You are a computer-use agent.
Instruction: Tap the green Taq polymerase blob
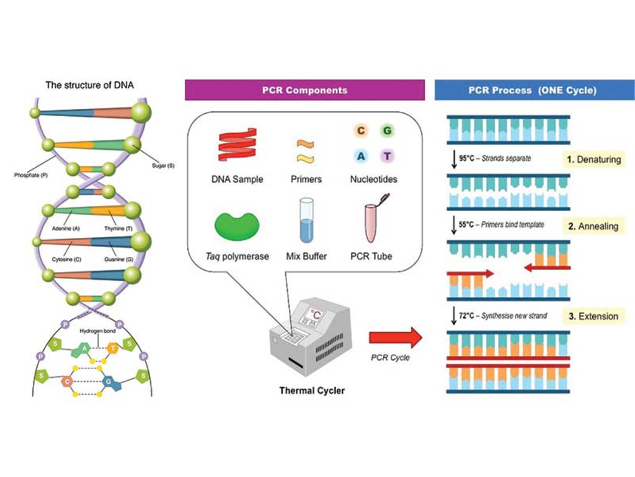click(x=237, y=225)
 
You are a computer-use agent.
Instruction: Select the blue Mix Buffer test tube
click(x=306, y=220)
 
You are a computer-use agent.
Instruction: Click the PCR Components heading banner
click(x=304, y=90)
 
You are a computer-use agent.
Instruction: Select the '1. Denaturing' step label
click(x=593, y=160)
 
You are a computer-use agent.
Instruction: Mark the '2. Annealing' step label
click(x=593, y=226)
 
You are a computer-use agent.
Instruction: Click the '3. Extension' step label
click(x=593, y=316)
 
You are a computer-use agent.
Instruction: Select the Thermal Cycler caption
click(x=312, y=391)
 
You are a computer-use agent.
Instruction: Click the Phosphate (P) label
click(x=31, y=176)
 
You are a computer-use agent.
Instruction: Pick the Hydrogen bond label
click(x=97, y=332)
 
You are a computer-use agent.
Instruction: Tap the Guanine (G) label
click(x=118, y=260)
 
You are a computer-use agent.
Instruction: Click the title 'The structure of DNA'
click(x=89, y=84)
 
